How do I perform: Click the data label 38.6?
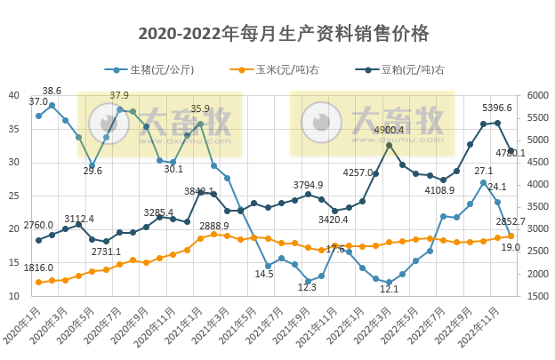52,91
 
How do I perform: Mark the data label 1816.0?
38,268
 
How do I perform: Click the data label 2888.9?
214,226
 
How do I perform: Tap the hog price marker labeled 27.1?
484,182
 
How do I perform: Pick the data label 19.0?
510,247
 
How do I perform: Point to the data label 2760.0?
38,225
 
